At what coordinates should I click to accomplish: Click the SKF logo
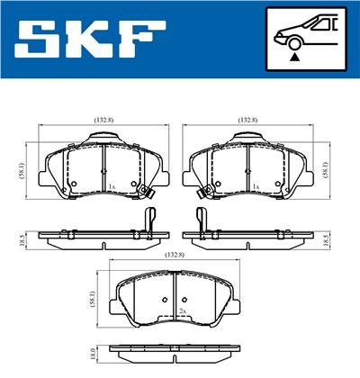[90, 39]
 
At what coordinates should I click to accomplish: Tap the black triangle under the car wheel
[295, 56]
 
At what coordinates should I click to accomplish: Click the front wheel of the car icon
[295, 43]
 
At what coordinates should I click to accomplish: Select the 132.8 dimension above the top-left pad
[103, 120]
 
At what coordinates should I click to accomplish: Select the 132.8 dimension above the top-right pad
[247, 120]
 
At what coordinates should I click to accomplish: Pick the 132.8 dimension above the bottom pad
[175, 255]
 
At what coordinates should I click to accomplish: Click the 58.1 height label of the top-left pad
[22, 171]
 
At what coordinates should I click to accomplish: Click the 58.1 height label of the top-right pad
[327, 169]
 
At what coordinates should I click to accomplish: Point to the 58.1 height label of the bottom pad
[94, 300]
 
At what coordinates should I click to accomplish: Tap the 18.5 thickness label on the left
[21, 240]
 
